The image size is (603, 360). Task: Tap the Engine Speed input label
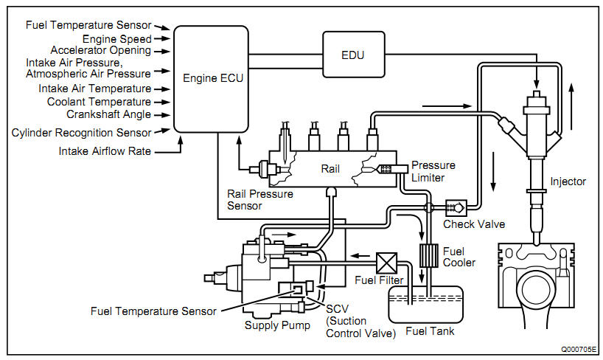coord(117,38)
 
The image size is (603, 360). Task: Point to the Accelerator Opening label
coord(106,51)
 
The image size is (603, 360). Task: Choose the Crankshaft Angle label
coord(109,114)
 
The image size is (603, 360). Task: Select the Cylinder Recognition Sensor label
coord(82,133)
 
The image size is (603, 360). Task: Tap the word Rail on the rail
coord(330,169)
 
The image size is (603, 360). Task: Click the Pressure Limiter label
coord(433,170)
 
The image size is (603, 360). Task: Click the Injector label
coord(568,181)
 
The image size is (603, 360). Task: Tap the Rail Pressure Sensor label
coord(260,200)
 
